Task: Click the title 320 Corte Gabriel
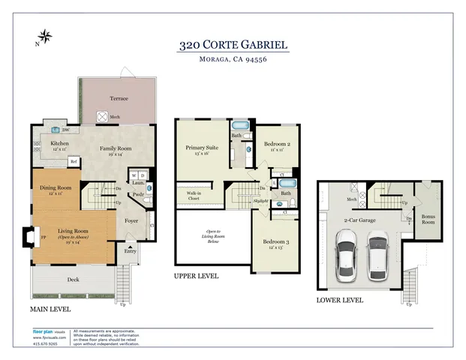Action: [x=233, y=45]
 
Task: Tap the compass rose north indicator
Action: [x=46, y=35]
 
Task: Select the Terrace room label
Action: [x=119, y=98]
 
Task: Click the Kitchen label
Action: [x=59, y=143]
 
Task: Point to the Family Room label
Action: [x=116, y=148]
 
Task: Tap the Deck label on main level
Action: [x=72, y=279]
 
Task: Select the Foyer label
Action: [x=131, y=220]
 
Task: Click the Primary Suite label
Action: [x=200, y=148]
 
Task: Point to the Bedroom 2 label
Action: [x=277, y=143]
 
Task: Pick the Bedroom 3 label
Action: [x=276, y=241]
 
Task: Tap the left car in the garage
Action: [x=346, y=255]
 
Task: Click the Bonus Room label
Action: [x=428, y=218]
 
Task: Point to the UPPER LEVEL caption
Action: [x=196, y=276]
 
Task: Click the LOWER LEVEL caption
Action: [x=340, y=299]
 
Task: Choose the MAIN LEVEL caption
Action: [x=50, y=308]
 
